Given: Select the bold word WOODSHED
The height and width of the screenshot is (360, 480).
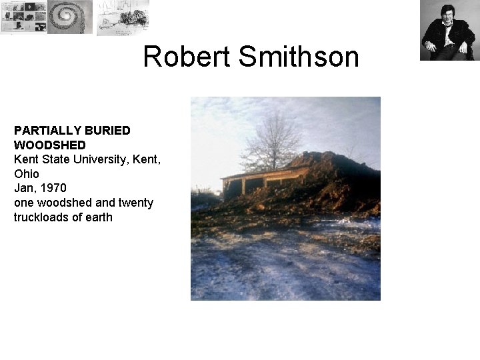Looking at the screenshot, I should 49,145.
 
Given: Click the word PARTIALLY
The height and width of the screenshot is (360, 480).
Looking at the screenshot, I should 43,130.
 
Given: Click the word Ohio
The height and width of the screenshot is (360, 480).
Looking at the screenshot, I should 26,173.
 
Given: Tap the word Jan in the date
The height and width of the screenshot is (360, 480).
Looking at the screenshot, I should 23,188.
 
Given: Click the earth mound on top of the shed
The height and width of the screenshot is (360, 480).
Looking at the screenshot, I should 333,167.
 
